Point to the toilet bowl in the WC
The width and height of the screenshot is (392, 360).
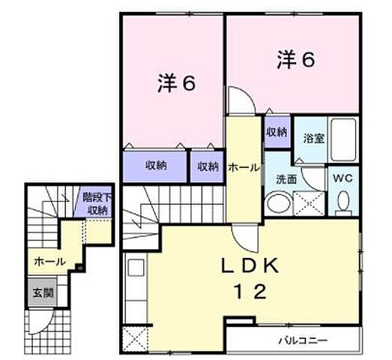coord(344,200)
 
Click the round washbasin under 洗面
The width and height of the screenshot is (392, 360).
coord(278,202)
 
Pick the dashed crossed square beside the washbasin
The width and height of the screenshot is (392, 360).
coord(308,202)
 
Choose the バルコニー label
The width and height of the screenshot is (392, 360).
coord(303,340)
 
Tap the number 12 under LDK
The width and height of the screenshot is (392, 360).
coord(250,292)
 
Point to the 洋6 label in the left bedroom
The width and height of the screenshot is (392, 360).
coord(175,83)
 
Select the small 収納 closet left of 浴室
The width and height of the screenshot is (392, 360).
coord(276,131)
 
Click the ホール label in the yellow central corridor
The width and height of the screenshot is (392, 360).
coord(243,168)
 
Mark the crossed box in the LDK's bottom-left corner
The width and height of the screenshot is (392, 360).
coord(135,339)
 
